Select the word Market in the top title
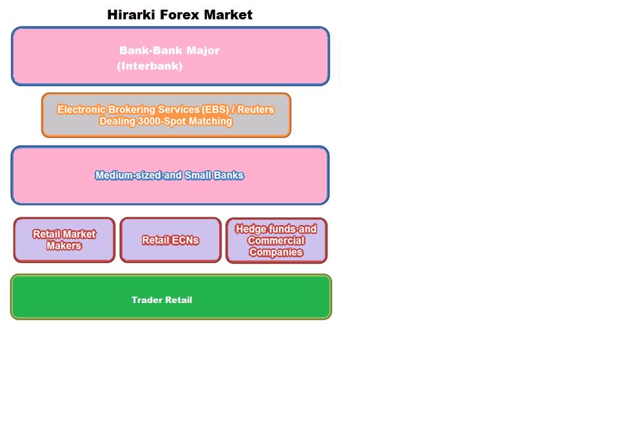228,15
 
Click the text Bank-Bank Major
169,50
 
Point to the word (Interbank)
150,66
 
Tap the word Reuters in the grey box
256,110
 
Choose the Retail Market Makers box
64,240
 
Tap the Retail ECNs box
170,240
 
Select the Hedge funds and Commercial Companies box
276,240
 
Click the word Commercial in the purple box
276,240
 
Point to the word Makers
64,246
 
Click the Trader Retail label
162,300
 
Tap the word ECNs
184,240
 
